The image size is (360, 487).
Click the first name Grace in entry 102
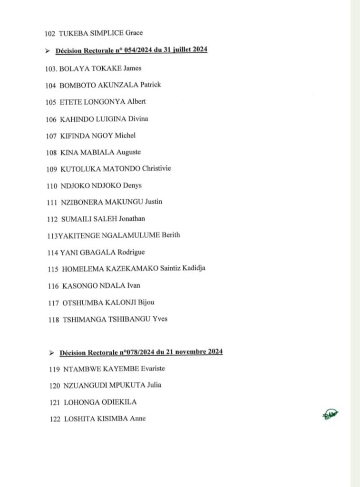(x=134, y=33)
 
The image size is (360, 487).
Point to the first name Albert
(x=136, y=102)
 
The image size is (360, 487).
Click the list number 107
(x=51, y=136)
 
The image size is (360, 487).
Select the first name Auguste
(x=128, y=152)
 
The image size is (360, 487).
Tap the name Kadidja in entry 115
(x=193, y=269)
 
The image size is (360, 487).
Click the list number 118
(x=53, y=319)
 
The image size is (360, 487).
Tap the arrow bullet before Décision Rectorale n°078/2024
(x=51, y=353)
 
